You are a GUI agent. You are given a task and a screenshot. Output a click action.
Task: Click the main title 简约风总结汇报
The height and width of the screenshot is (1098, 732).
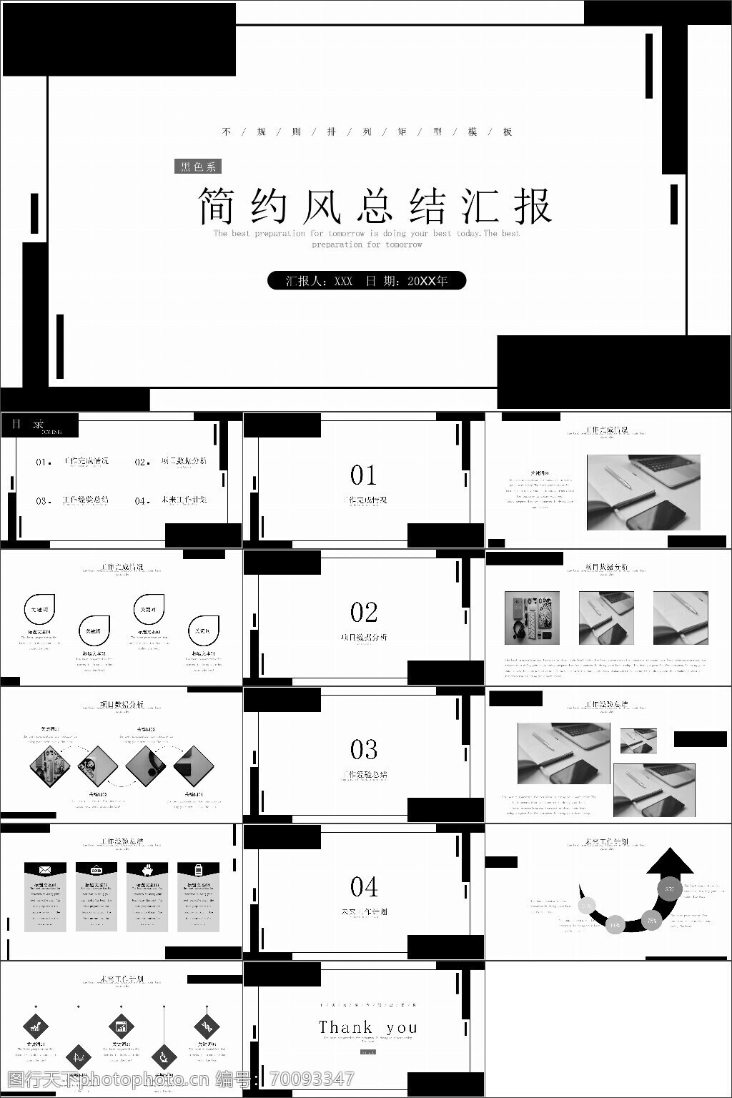tap(375, 207)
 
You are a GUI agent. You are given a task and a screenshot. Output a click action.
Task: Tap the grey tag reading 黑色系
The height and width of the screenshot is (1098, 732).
tap(198, 167)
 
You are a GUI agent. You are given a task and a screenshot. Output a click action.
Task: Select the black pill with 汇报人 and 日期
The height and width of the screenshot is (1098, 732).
tap(367, 281)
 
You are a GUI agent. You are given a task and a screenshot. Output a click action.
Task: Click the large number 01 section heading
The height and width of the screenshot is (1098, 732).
tap(363, 475)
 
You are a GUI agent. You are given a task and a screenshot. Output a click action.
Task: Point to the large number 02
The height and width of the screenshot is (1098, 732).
tap(363, 613)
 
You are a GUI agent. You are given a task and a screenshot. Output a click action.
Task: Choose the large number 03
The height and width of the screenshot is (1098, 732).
tap(363, 750)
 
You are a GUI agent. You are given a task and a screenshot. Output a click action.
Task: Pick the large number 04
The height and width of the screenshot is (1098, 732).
tap(363, 887)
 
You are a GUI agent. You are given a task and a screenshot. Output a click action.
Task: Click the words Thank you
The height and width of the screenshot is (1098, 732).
tap(367, 1027)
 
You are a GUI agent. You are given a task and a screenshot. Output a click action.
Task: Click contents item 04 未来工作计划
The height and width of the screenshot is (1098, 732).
tap(172, 500)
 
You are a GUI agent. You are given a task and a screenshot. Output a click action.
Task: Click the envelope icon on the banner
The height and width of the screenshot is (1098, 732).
tap(45, 869)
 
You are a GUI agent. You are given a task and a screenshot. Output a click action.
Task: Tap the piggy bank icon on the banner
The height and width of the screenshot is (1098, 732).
tap(147, 869)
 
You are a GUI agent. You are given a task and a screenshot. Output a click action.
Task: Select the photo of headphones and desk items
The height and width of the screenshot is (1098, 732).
tap(532, 618)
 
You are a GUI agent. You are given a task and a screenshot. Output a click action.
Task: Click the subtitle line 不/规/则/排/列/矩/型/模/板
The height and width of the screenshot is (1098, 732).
tap(367, 132)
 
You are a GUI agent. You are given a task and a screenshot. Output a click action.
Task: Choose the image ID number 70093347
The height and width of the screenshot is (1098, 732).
tap(310, 1079)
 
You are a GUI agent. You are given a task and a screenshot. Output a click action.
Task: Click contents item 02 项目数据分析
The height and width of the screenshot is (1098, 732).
tap(172, 462)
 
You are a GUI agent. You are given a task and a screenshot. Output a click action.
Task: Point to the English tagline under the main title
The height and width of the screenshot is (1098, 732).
tap(367, 239)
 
